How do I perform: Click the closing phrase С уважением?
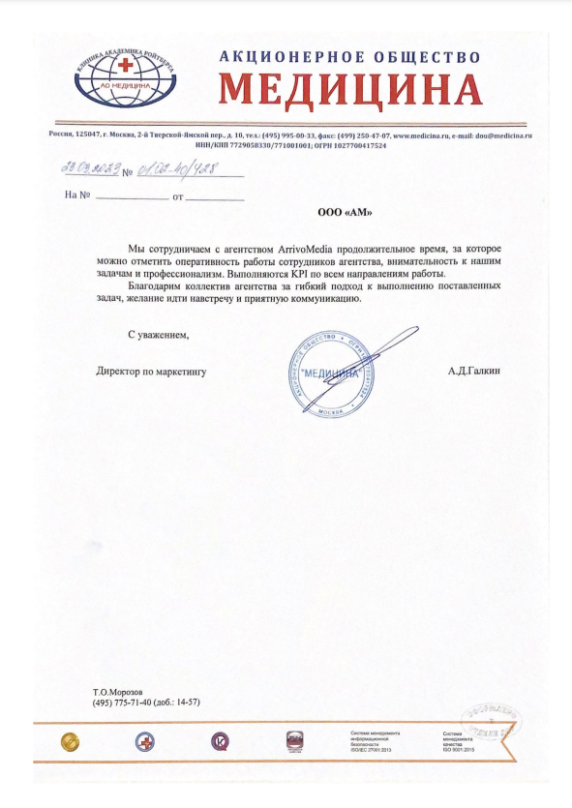(159, 335)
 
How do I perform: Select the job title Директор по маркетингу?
(151, 370)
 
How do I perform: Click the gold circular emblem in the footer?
(71, 741)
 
